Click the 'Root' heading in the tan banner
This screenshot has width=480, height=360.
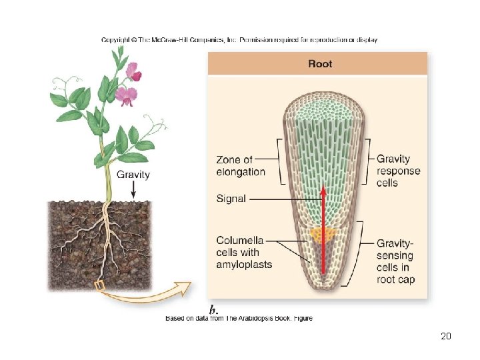(x=320, y=64)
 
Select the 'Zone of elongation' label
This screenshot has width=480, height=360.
(x=241, y=166)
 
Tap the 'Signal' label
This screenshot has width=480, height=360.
(x=231, y=199)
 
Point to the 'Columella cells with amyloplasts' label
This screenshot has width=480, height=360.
(x=244, y=252)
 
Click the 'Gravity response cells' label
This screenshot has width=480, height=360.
(x=398, y=171)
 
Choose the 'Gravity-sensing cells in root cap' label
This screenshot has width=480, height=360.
(x=396, y=261)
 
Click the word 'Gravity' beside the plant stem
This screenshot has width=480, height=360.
(x=133, y=175)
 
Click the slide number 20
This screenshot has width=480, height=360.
(x=446, y=336)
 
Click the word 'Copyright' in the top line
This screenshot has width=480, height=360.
(x=116, y=40)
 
